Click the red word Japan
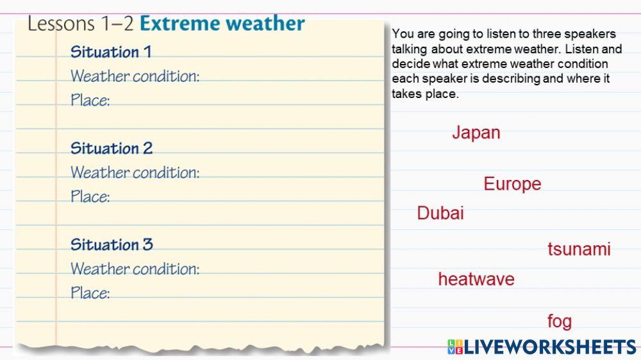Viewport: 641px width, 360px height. pos(476,133)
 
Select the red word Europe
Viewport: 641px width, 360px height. pos(512,184)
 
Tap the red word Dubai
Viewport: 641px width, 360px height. pos(440,213)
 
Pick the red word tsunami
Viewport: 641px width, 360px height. pos(579,249)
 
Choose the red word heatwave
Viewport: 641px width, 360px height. pos(476,279)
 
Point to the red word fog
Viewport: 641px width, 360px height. pos(559,321)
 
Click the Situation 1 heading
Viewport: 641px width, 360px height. pos(110,52)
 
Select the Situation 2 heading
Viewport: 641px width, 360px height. pos(111,149)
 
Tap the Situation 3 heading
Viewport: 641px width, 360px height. pos(112,245)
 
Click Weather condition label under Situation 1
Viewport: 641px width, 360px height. pos(135,76)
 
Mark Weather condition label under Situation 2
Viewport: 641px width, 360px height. pos(135,172)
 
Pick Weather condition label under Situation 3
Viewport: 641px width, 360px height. pos(135,268)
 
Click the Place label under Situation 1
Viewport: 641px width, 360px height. pos(90,101)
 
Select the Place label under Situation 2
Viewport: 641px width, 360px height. pos(90,197)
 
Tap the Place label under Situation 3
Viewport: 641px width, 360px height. pos(90,293)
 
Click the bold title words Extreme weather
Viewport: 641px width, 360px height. pos(222,24)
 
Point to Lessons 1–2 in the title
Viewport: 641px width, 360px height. pos(80,24)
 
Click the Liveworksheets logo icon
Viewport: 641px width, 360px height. pos(455,347)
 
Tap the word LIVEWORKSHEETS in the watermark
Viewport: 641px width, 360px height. pos(550,347)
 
